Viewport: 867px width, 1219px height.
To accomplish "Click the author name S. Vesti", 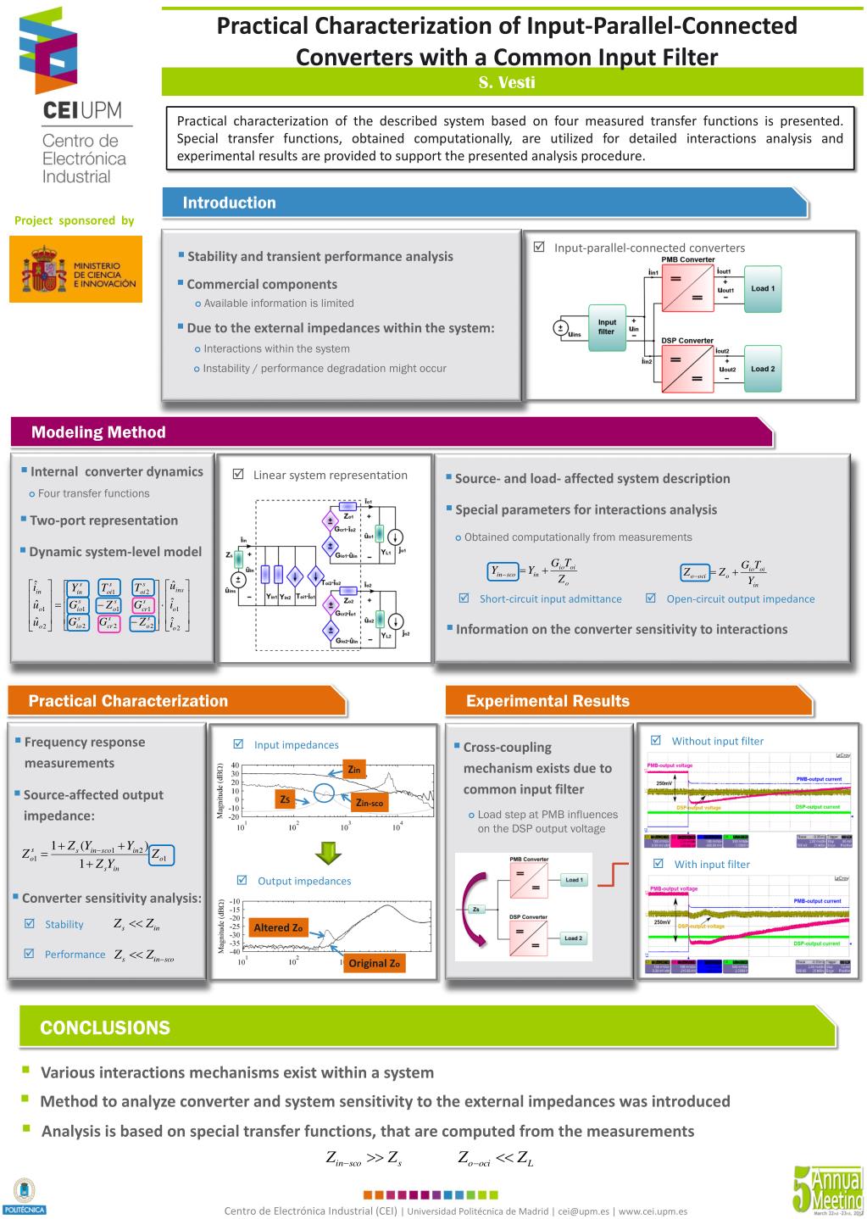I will pos(507,82).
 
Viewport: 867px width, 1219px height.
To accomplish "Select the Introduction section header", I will pos(229,203).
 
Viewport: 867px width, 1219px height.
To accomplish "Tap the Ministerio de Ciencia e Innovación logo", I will pos(76,269).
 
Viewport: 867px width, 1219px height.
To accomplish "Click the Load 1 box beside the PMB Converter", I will pos(762,288).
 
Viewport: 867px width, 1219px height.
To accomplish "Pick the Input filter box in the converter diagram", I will pos(607,326).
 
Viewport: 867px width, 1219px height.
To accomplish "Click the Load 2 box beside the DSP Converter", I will pos(762,369).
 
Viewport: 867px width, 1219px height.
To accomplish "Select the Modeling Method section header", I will pos(98,432).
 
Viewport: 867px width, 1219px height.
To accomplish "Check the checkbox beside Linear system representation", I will pos(238,475).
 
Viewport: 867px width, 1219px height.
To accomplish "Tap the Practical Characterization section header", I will pos(128,701).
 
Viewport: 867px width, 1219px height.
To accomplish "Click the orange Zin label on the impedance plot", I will pos(354,770).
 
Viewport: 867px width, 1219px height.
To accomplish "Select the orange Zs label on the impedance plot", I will pos(286,799).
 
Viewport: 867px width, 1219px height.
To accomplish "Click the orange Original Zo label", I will pos(374,963).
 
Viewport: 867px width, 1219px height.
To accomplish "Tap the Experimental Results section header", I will pos(547,701).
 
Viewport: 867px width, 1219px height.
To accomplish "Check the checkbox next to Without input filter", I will pos(655,740).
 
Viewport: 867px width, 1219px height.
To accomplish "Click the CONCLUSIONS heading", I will pos(105,1028).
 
